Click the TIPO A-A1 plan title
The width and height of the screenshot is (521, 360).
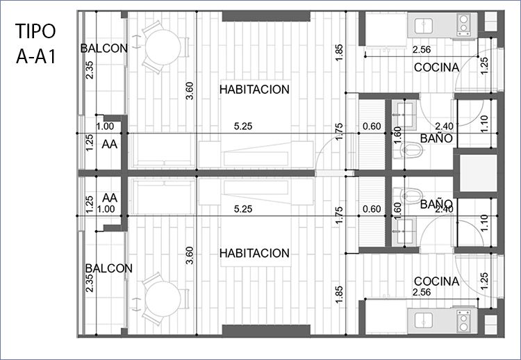(x=35, y=44)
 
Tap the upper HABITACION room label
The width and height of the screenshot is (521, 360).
(x=254, y=90)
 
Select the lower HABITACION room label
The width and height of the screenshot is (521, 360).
(x=254, y=253)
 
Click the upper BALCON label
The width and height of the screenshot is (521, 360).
(x=104, y=49)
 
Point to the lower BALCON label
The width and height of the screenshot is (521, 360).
(x=108, y=268)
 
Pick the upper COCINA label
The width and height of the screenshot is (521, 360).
(x=437, y=67)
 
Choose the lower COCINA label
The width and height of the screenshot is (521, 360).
(x=437, y=281)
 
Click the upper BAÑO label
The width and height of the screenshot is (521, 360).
(x=436, y=138)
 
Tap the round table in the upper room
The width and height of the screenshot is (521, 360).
(x=163, y=47)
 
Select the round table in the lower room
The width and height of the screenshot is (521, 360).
(x=163, y=299)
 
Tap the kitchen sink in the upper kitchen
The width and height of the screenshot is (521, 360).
(x=424, y=26)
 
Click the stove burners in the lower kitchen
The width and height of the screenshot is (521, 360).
(x=463, y=322)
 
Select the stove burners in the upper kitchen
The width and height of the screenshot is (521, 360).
(x=463, y=24)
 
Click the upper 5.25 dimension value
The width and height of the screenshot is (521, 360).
(x=243, y=126)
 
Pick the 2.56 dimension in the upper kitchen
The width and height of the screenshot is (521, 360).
(x=422, y=50)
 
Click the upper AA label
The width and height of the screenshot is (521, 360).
(x=110, y=145)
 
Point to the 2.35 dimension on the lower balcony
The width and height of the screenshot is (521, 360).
(x=90, y=283)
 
